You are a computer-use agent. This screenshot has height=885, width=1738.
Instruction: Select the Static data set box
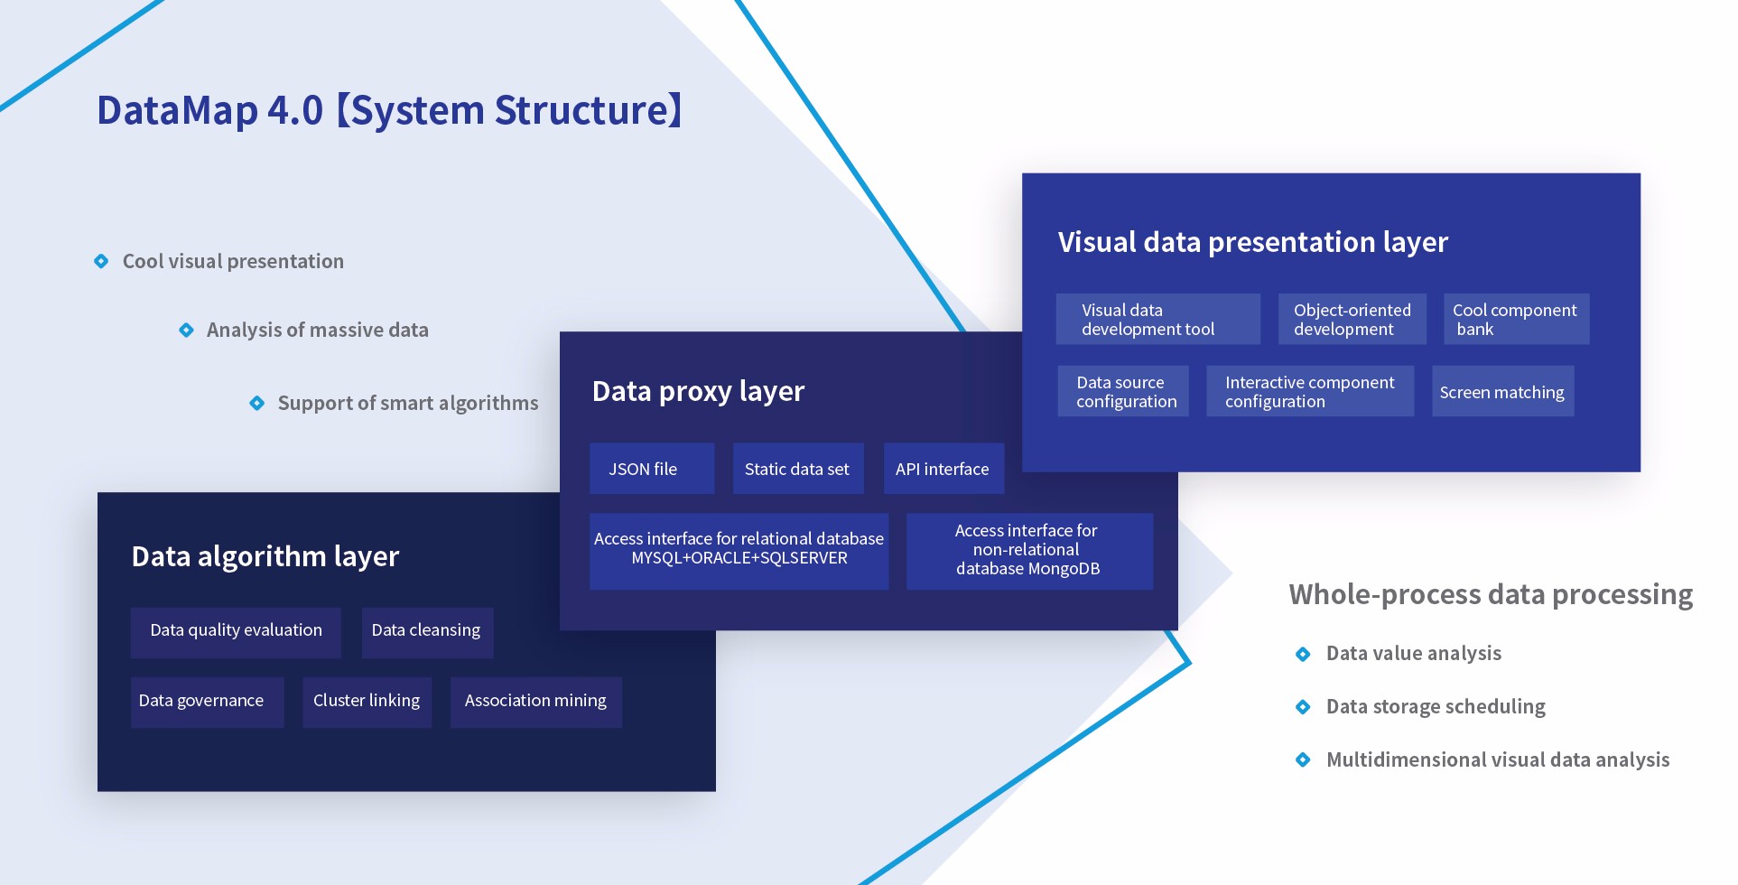tap(797, 469)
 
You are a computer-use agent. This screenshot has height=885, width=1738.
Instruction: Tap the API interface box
tap(943, 469)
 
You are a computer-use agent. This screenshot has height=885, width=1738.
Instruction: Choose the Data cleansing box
tap(426, 630)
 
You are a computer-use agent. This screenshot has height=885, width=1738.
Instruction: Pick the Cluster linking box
tap(367, 701)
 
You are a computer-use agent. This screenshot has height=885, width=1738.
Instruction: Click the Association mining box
tap(535, 701)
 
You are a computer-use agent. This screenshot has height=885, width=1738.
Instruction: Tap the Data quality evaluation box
tap(236, 630)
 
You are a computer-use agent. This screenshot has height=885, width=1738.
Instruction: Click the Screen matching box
tap(1502, 392)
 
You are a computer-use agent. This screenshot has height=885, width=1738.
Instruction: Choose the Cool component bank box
tap(1516, 320)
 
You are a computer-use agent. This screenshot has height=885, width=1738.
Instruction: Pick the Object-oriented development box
tap(1352, 320)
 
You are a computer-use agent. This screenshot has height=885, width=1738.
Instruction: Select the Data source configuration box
tap(1123, 392)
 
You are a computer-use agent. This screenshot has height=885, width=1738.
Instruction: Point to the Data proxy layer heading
tap(698, 391)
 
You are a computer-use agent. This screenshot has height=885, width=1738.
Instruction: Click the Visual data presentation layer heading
tap(1252, 242)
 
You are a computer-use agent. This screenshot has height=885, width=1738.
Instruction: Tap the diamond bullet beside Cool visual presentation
tap(101, 261)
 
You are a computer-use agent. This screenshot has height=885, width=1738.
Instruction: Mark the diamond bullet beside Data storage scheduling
tap(1303, 706)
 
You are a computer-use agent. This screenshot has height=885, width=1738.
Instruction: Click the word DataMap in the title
tap(177, 110)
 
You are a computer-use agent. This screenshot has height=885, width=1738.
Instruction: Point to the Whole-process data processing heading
tap(1491, 594)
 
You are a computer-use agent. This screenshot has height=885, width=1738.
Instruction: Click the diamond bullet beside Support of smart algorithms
tap(257, 403)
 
